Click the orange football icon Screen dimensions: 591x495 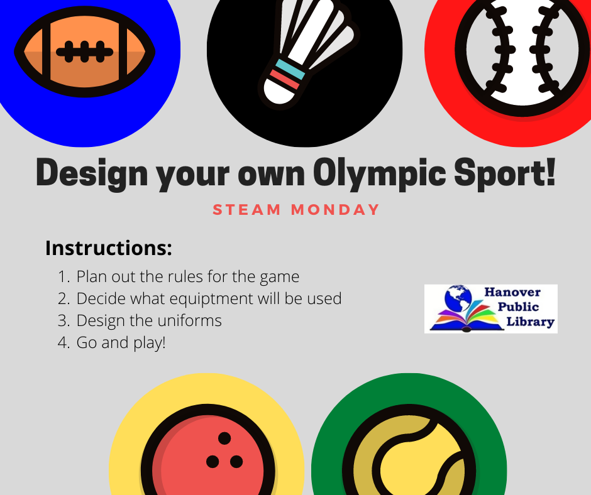[84, 52]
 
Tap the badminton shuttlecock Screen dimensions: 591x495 [307, 53]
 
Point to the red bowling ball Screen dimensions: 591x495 [207, 450]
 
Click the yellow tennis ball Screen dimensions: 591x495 [409, 451]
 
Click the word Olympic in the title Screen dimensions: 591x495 [380, 173]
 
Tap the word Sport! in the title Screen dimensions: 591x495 [505, 172]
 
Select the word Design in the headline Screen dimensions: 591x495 [92, 173]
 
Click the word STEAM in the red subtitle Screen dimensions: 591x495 [247, 209]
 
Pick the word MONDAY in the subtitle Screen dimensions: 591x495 [335, 209]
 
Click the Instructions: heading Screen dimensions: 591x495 [109, 248]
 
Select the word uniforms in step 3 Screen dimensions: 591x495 [190, 320]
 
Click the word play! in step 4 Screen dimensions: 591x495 [149, 343]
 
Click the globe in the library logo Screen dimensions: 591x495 [458, 298]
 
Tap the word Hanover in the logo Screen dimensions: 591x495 [512, 292]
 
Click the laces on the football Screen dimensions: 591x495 [84, 52]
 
